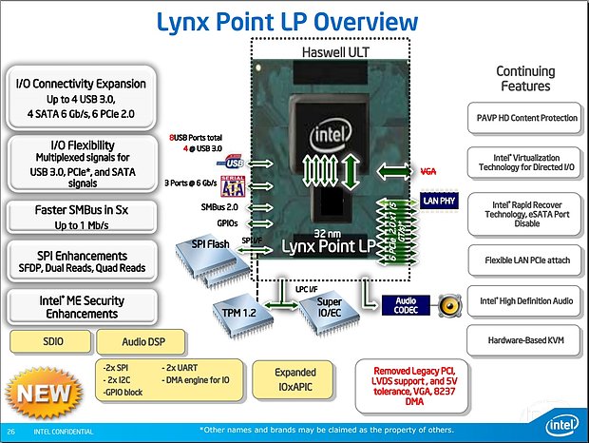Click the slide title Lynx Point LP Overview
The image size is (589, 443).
tap(294, 21)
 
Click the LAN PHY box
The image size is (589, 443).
tap(440, 201)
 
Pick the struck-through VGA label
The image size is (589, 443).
tap(428, 170)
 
